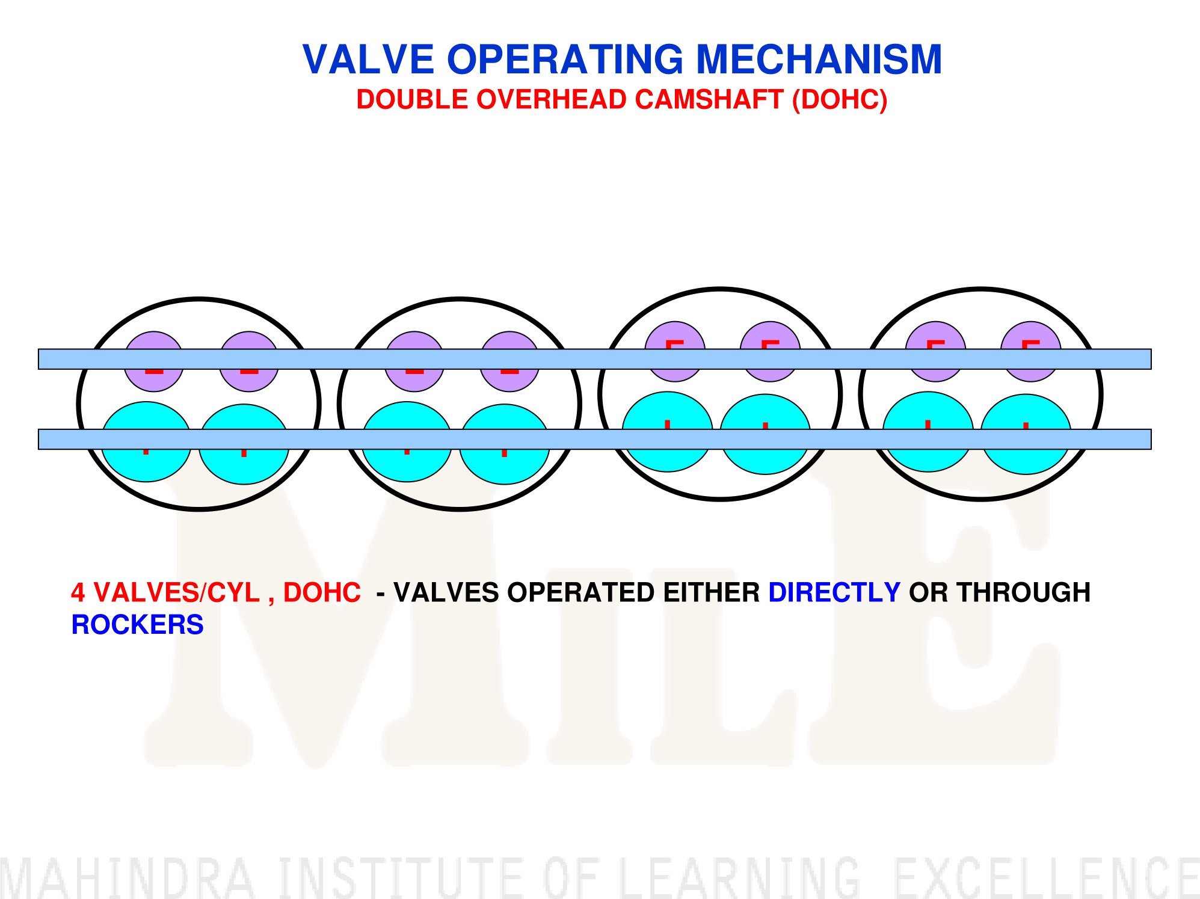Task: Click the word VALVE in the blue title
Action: [x=368, y=60]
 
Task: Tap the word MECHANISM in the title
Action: [x=819, y=60]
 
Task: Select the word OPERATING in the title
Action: [x=565, y=60]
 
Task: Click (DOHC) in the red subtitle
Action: [x=840, y=100]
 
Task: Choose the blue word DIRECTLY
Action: [x=834, y=592]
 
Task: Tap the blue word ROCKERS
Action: [x=138, y=625]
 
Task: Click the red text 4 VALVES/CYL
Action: [x=165, y=592]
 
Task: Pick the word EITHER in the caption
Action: [x=712, y=592]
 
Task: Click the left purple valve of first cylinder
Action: [x=154, y=361]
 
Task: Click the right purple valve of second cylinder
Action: [x=509, y=361]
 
